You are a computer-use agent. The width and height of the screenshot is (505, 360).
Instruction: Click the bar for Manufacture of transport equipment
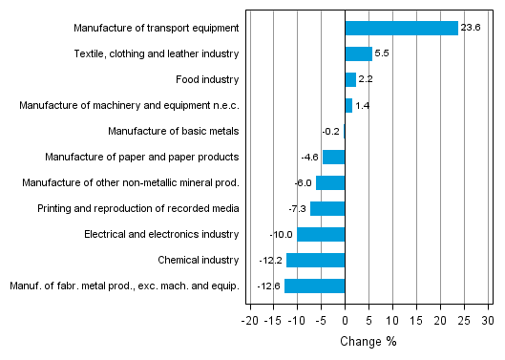click(x=401, y=28)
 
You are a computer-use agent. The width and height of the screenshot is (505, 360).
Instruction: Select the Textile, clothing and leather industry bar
click(x=358, y=53)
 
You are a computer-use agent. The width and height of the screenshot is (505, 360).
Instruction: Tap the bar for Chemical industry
click(x=315, y=260)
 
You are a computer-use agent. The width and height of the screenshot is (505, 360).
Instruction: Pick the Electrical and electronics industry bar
click(x=321, y=234)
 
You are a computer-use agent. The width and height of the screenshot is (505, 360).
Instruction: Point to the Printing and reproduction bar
click(x=327, y=208)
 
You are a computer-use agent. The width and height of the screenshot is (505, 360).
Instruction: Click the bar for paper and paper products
click(x=333, y=157)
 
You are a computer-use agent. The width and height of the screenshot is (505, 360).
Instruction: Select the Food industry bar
click(x=350, y=79)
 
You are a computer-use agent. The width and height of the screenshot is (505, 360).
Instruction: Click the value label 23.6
click(x=471, y=28)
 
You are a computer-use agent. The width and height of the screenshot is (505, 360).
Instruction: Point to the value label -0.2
click(x=331, y=131)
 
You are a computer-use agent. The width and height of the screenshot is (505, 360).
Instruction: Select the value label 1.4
click(x=363, y=105)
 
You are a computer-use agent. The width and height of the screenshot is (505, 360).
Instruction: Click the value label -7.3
click(x=297, y=208)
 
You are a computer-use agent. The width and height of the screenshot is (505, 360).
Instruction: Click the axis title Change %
click(x=368, y=341)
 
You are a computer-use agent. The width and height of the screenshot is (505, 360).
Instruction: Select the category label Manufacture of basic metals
click(x=173, y=131)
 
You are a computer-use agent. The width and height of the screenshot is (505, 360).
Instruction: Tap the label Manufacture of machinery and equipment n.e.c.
click(x=129, y=105)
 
